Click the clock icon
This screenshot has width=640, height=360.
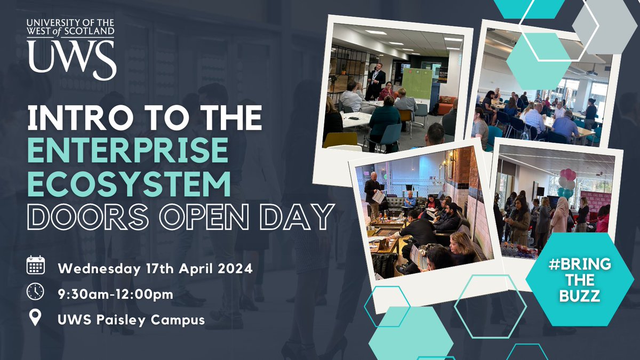pos(35,292)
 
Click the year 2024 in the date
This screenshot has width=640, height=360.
pos(235,269)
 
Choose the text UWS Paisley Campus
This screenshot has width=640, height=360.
pos(132,320)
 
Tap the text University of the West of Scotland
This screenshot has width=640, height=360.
pos(71,27)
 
